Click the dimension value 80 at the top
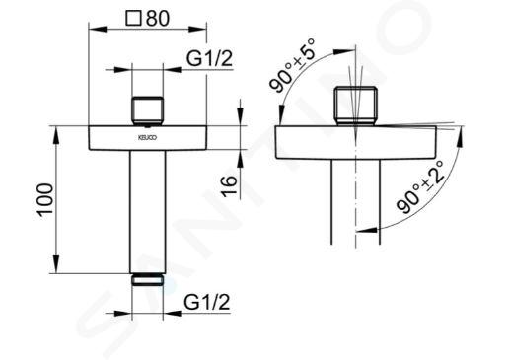tap(158, 19)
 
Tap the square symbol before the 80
tap(134, 19)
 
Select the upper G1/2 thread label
tap(209, 58)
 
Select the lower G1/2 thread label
tap(207, 302)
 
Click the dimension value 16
tap(229, 186)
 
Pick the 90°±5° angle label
tap(292, 65)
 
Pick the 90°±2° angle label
tap(420, 186)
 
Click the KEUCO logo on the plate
tap(147, 137)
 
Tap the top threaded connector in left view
tap(147, 111)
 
